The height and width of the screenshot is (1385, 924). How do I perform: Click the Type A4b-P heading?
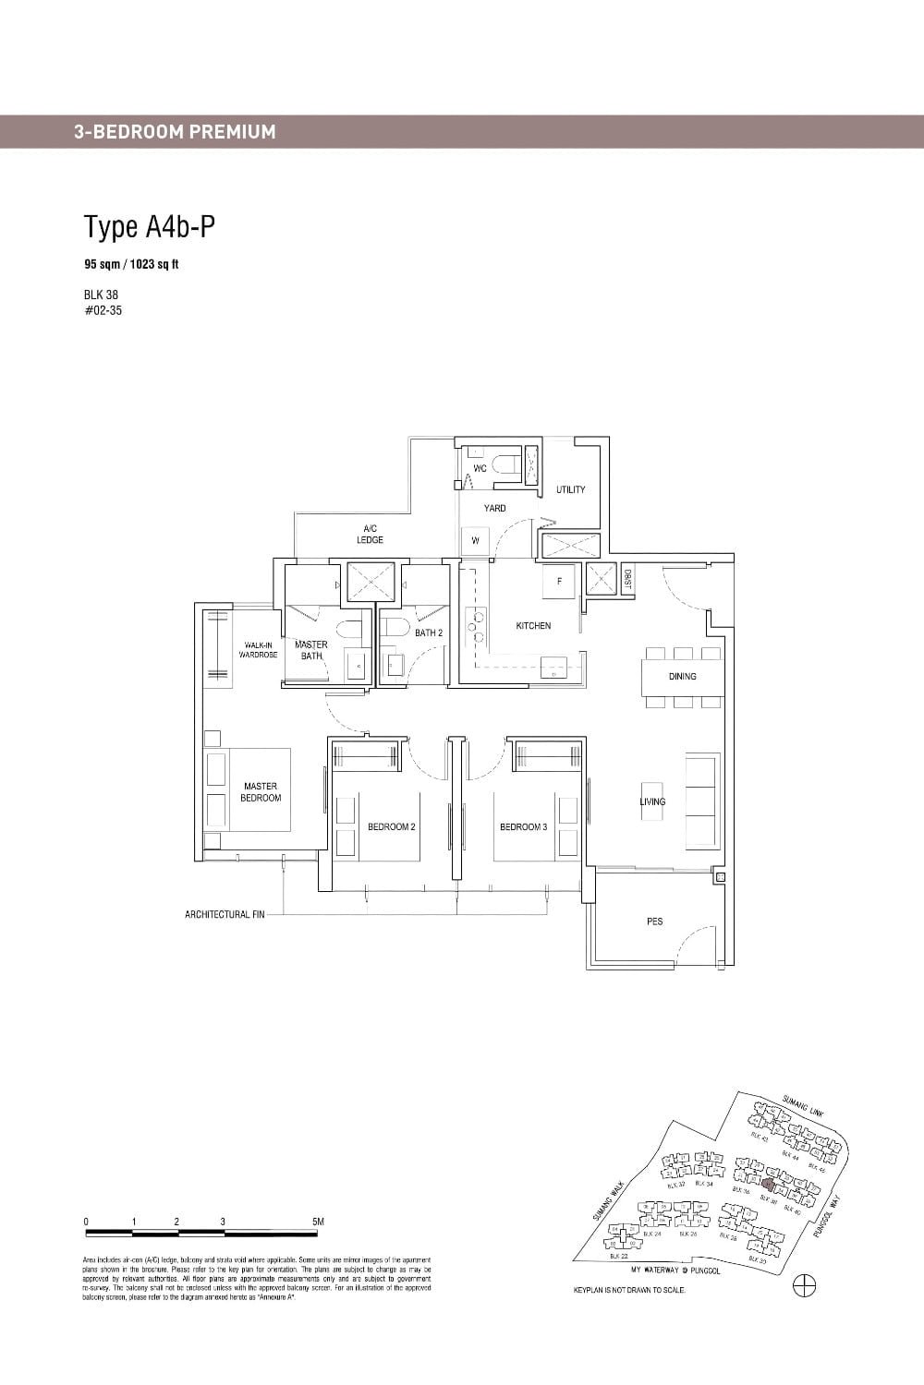150,226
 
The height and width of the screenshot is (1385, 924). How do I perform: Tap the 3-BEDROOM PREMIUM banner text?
175,131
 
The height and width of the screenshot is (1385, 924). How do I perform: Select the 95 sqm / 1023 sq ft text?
131,264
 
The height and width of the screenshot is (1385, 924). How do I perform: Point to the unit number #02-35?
102,310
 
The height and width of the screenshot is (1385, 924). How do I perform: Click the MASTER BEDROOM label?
261,792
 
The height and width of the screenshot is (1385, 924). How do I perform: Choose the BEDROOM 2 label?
391,827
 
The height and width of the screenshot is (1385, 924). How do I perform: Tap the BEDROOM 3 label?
523,827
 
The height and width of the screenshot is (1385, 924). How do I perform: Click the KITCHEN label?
533,626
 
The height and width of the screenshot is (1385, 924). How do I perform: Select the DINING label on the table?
682,677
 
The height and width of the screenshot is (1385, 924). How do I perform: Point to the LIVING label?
652,801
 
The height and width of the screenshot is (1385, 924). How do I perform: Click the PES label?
654,921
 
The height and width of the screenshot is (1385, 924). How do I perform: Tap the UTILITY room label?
570,489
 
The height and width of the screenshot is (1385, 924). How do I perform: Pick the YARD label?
494,509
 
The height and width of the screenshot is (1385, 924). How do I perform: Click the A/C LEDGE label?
370,534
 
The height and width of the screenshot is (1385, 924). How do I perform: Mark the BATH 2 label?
428,633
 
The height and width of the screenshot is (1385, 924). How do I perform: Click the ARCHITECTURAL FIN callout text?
225,914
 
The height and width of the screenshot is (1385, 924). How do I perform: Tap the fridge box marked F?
559,582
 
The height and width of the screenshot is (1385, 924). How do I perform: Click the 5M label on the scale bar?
318,1222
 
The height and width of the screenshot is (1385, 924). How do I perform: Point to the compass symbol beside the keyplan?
805,1285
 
